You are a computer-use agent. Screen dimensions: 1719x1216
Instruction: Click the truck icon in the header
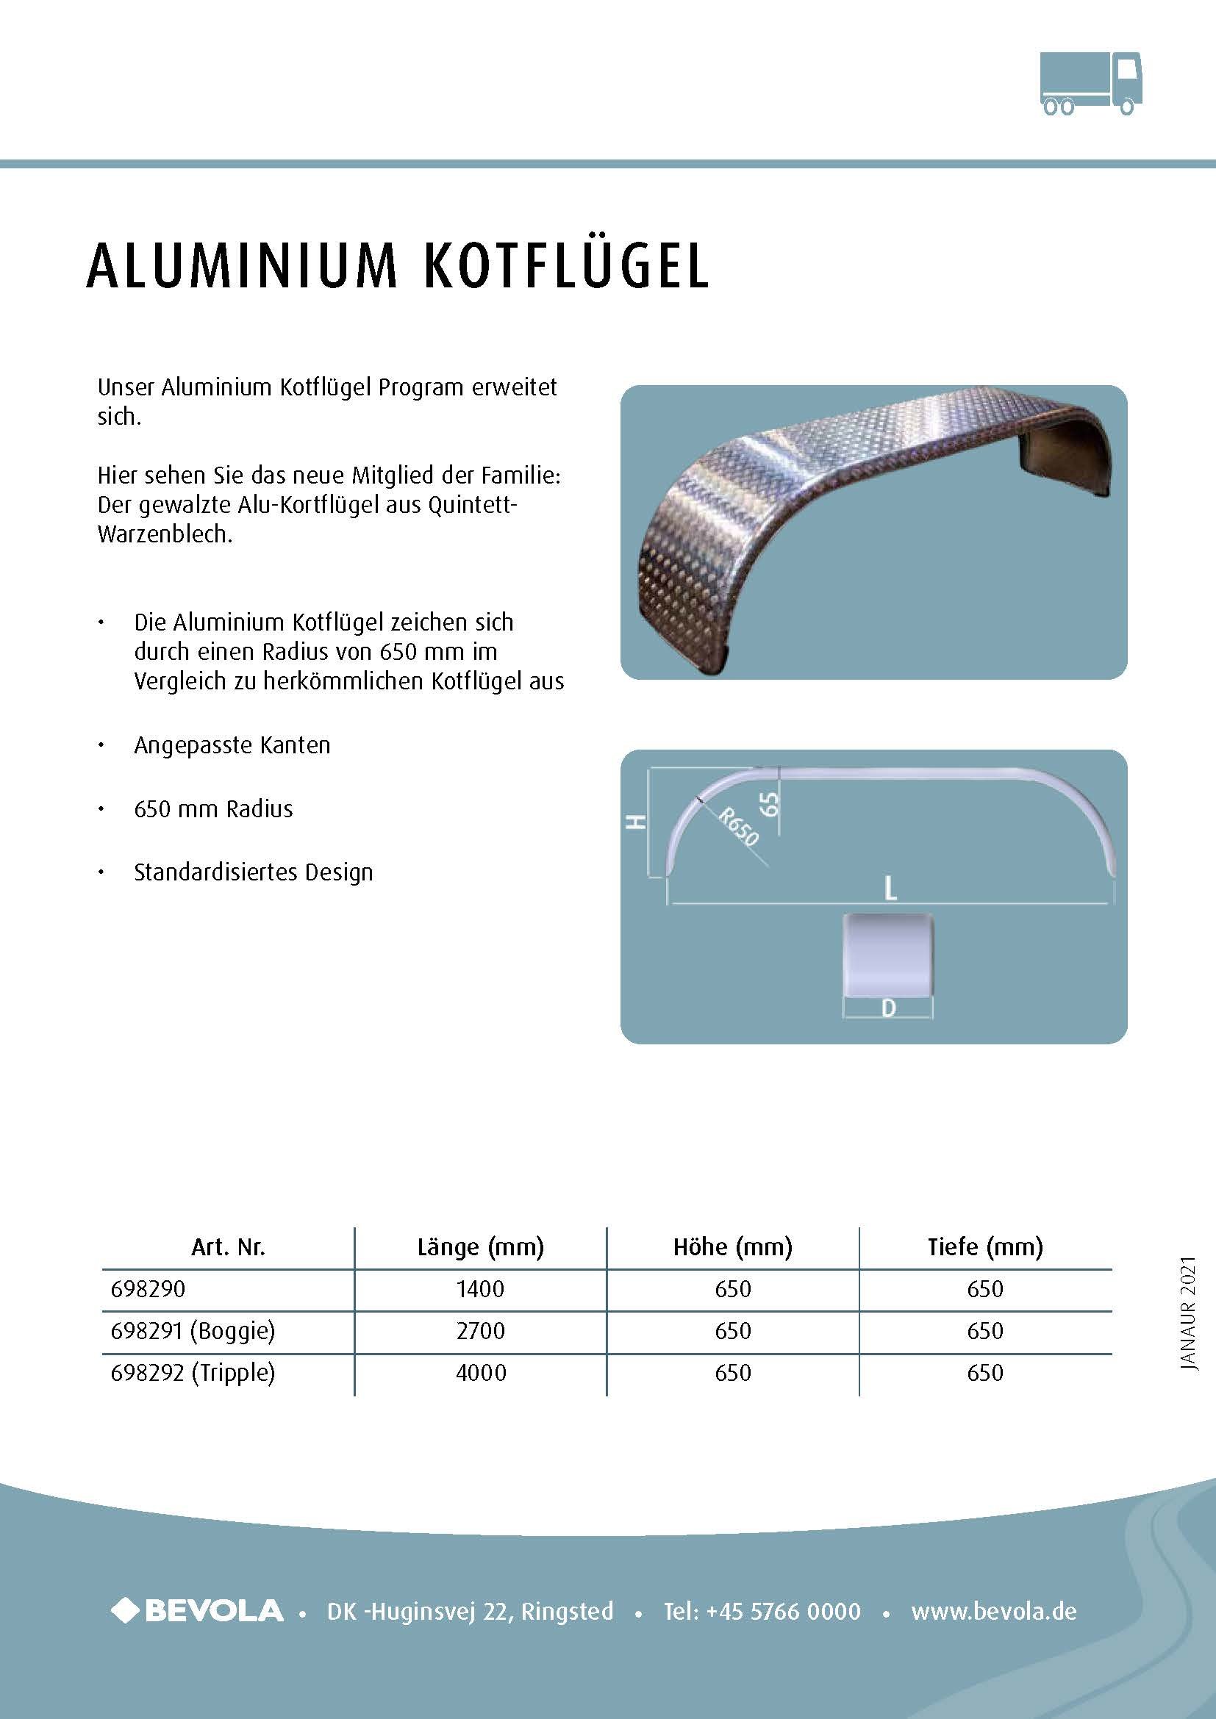pos(1091,83)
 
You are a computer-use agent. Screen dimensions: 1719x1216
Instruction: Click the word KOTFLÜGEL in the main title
pos(565,266)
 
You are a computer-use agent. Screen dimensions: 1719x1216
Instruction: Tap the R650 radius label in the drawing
pos(738,826)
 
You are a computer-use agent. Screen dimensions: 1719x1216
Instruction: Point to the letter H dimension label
pos(636,822)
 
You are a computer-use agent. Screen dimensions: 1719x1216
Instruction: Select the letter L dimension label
pos(890,889)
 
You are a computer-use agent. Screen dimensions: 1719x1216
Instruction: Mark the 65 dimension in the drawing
pos(769,804)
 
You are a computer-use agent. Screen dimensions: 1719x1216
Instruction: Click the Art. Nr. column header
pos(228,1246)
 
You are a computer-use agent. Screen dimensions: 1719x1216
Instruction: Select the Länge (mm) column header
pos(481,1246)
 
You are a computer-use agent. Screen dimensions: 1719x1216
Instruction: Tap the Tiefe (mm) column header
pos(984,1246)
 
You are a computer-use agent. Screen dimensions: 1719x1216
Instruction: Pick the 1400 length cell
pos(481,1288)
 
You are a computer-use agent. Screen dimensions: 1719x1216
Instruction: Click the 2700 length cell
pos(481,1330)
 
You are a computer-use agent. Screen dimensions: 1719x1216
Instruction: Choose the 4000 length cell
pos(481,1372)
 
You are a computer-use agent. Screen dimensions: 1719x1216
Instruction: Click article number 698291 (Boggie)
pos(193,1330)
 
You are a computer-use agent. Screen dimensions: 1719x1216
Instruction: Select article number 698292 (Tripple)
pos(193,1372)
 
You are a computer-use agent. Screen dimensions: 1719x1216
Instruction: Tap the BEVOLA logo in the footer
pos(198,1610)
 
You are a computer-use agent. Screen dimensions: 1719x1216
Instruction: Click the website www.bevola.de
pos(994,1611)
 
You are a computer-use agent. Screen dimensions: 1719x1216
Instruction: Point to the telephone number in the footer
pos(762,1611)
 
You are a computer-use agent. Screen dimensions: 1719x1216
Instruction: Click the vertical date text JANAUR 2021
pos(1188,1314)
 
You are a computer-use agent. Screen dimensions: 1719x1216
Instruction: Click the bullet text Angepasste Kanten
pos(232,745)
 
